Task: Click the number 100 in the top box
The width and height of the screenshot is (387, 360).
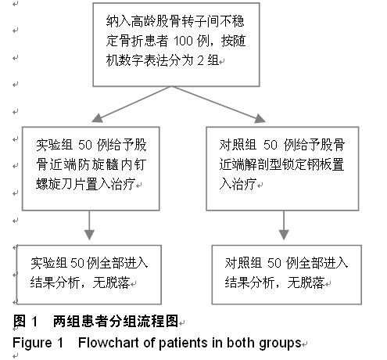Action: click(x=183, y=41)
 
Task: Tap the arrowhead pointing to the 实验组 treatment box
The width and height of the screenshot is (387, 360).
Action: click(x=98, y=118)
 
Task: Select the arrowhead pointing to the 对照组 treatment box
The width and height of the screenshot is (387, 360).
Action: click(x=260, y=118)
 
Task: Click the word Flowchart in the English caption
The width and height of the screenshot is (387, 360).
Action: click(x=108, y=343)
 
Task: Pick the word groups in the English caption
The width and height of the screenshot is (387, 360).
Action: click(x=280, y=344)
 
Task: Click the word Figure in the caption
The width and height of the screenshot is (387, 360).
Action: click(x=32, y=344)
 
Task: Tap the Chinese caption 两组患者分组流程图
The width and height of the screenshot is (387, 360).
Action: click(x=116, y=321)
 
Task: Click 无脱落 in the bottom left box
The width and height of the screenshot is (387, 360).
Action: click(x=111, y=283)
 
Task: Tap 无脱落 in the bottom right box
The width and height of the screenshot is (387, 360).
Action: click(x=306, y=283)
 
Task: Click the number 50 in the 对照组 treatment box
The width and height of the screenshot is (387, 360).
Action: click(x=271, y=145)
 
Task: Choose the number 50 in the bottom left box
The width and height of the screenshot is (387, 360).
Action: click(x=77, y=263)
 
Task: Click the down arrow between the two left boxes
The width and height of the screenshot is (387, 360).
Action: click(x=89, y=225)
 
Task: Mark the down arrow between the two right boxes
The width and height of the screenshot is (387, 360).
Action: click(x=284, y=225)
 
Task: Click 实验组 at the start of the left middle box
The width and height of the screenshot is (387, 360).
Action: click(x=54, y=145)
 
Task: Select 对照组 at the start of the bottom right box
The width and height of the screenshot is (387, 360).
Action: click(x=243, y=263)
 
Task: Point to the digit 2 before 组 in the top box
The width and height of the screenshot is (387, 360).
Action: click(x=200, y=61)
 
